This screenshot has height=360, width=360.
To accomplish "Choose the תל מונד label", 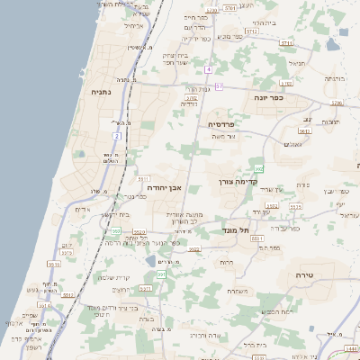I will (x=235, y=230).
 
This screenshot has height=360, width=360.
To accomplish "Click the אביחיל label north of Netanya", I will (x=132, y=26).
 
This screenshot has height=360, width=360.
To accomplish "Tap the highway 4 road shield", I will (x=208, y=68).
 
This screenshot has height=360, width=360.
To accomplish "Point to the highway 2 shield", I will (x=116, y=135).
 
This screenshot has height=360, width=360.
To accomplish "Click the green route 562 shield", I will (x=259, y=167).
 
